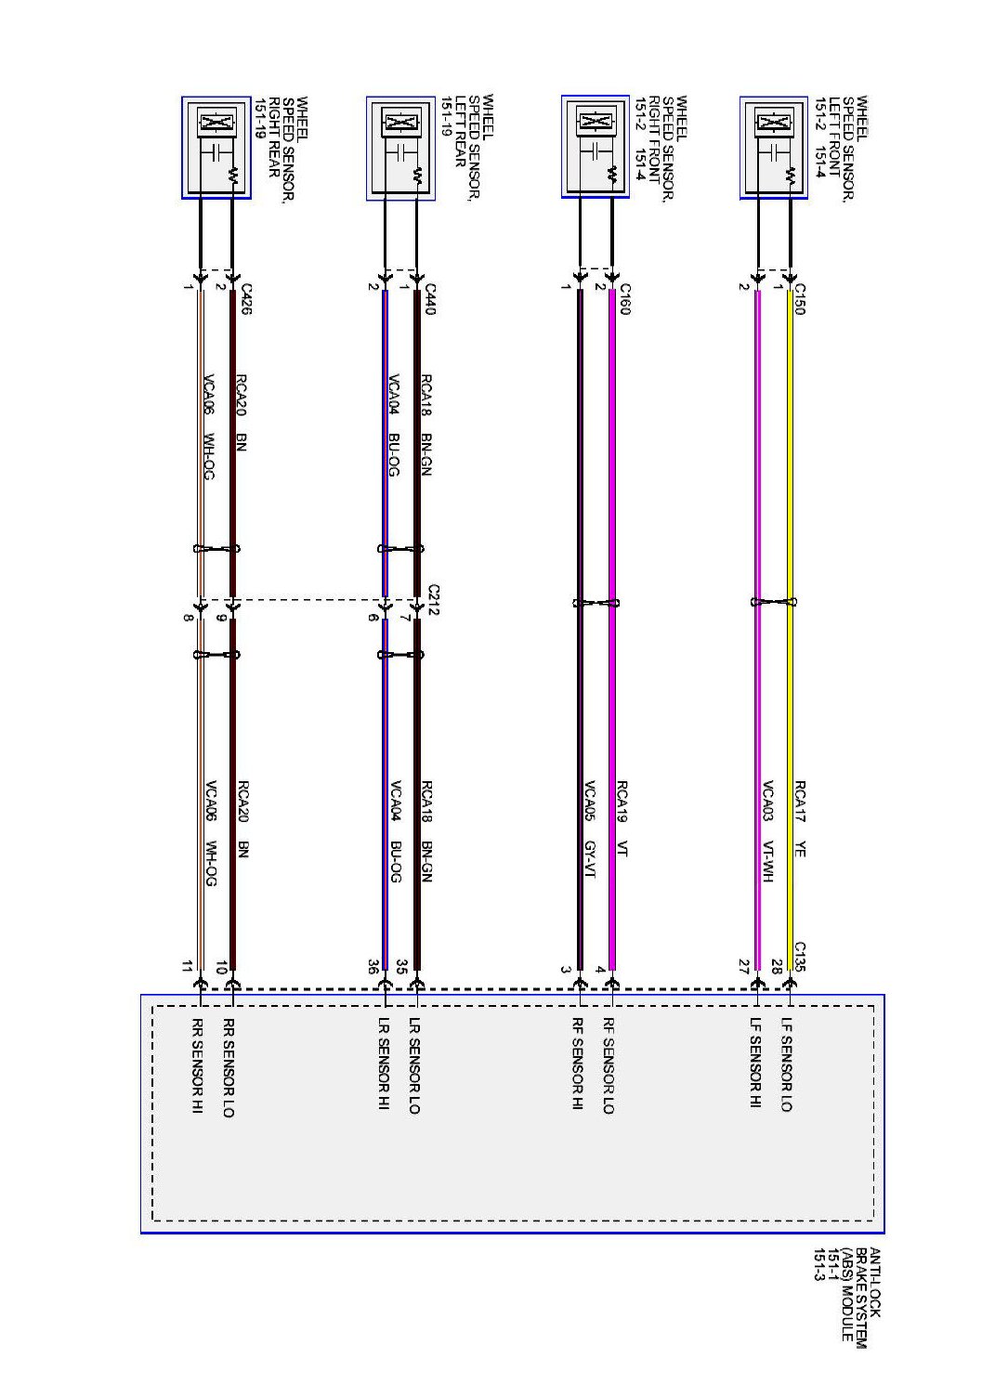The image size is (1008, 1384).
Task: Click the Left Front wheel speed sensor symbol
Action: click(x=774, y=148)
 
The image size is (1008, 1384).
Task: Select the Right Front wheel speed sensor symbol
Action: click(x=596, y=147)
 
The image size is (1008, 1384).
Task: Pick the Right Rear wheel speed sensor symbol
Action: click(x=216, y=147)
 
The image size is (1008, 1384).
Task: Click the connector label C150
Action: click(x=799, y=299)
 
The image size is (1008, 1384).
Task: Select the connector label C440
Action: click(x=429, y=299)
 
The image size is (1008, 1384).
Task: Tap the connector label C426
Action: click(x=244, y=299)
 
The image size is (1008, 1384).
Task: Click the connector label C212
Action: click(x=433, y=599)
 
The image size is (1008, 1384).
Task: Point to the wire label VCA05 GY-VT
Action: click(x=589, y=829)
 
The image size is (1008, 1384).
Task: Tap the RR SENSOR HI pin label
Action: click(x=197, y=1065)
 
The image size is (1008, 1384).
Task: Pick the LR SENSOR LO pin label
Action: click(x=414, y=1065)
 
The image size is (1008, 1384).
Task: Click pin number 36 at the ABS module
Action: click(x=373, y=967)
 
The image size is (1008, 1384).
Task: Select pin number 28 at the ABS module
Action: click(x=778, y=967)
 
